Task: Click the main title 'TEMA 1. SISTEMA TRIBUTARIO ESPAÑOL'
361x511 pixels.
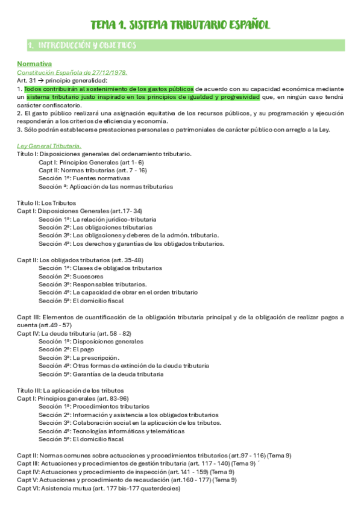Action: [x=180, y=25]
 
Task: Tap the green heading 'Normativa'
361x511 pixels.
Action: [x=34, y=64]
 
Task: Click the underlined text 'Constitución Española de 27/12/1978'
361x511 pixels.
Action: [x=72, y=72]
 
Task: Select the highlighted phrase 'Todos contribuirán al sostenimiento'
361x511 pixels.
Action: [x=72, y=89]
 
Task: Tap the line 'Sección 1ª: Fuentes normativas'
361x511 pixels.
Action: [x=84, y=178]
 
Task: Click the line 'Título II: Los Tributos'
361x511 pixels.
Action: [x=46, y=203]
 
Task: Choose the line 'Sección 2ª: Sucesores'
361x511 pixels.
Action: [x=71, y=276]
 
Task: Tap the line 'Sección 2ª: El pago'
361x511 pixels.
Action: [x=67, y=349]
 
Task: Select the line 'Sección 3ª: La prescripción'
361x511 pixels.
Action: [x=79, y=357]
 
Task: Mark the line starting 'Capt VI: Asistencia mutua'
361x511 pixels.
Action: [x=98, y=488]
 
